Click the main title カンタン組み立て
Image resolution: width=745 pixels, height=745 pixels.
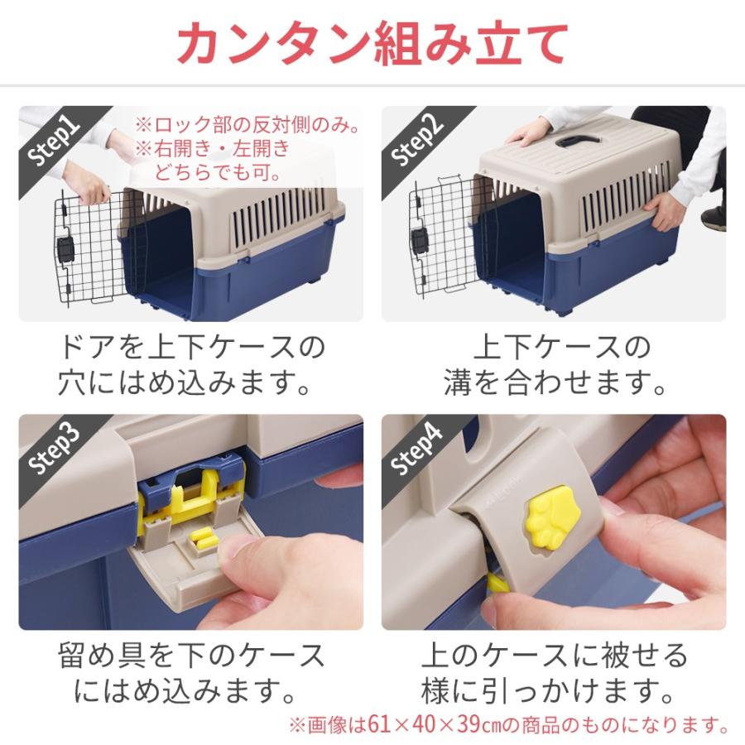(x=372, y=43)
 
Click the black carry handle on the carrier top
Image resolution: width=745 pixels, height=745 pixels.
(x=579, y=138)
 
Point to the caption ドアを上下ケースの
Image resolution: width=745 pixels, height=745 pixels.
(x=191, y=346)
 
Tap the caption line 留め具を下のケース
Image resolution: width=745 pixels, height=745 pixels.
(x=191, y=656)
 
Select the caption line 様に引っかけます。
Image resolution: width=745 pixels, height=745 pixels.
(x=554, y=692)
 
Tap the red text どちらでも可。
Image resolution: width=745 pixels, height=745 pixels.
(x=217, y=172)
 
